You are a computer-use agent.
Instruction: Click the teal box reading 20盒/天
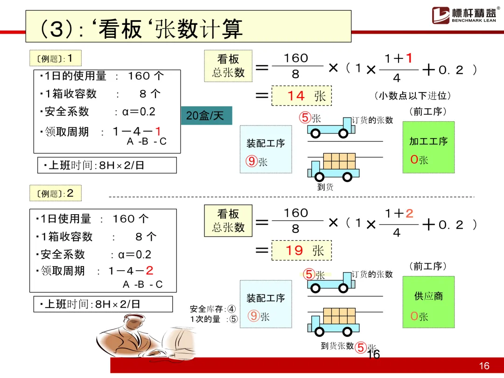pyautogui.click(x=206, y=116)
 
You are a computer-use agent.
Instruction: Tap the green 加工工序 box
pyautogui.click(x=428, y=147)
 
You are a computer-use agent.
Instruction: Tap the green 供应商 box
pyautogui.click(x=428, y=302)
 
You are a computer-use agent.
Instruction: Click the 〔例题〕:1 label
pyautogui.click(x=56, y=59)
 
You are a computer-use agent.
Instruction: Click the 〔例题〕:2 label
pyautogui.click(x=56, y=193)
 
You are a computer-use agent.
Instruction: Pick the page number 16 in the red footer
pyautogui.click(x=484, y=366)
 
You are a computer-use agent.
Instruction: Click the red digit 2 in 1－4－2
pyautogui.click(x=149, y=270)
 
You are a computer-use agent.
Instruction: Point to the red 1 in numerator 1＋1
pyautogui.click(x=409, y=58)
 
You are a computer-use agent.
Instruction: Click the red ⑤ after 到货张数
pyautogui.click(x=360, y=347)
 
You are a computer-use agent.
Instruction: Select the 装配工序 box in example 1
pyautogui.click(x=265, y=149)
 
